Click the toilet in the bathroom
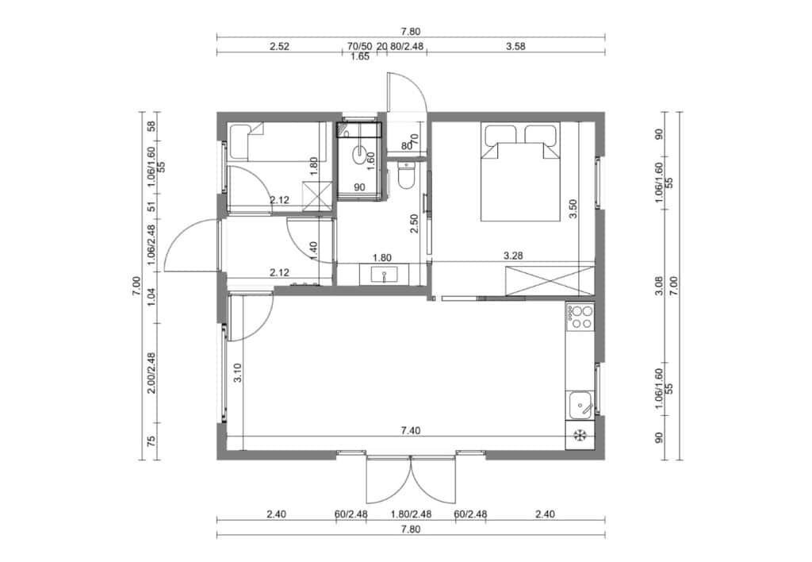click(x=405, y=175)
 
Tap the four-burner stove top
click(x=580, y=317)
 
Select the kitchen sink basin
click(x=580, y=404)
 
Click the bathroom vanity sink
click(x=384, y=275)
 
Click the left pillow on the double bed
click(x=501, y=135)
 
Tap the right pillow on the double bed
click(x=541, y=135)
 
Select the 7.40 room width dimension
click(x=411, y=430)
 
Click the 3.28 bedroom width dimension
click(x=513, y=255)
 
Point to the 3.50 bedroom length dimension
click(x=573, y=209)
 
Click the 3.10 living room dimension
click(x=238, y=372)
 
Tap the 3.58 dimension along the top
click(x=515, y=46)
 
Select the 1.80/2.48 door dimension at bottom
click(x=412, y=514)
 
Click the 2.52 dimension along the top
click(x=280, y=46)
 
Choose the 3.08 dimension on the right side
click(x=659, y=286)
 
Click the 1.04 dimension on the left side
click(x=151, y=297)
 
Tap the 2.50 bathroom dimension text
click(x=414, y=224)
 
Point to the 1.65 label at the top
click(x=360, y=56)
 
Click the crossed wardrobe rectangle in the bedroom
click(x=550, y=281)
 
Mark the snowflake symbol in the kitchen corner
click(x=580, y=436)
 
